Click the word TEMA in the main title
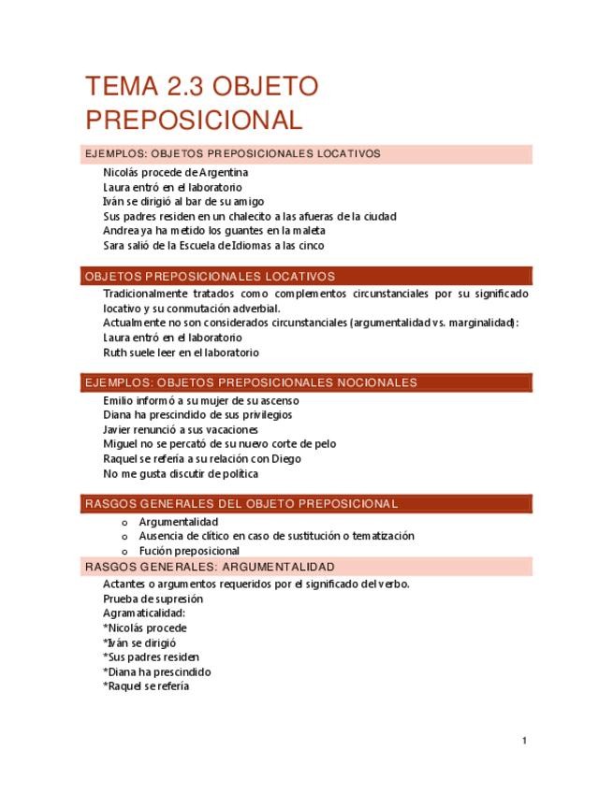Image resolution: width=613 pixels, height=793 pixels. click(x=119, y=88)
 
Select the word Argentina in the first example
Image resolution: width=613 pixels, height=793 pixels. click(x=224, y=172)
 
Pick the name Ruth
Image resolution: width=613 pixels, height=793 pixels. click(x=115, y=353)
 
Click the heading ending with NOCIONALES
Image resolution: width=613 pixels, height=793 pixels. click(x=251, y=382)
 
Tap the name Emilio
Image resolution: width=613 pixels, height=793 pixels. click(x=120, y=400)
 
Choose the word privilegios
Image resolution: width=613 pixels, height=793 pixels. click(x=271, y=414)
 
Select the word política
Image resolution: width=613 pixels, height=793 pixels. click(x=237, y=473)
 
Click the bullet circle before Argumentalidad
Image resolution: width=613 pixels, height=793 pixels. click(x=124, y=522)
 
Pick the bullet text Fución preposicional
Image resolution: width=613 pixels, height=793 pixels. click(x=189, y=551)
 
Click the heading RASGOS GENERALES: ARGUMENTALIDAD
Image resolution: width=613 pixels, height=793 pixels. click(x=210, y=567)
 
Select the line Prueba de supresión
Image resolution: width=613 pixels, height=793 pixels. click(x=153, y=598)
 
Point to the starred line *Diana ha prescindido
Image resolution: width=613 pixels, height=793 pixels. click(x=157, y=671)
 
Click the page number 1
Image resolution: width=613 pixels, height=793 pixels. click(x=525, y=741)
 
